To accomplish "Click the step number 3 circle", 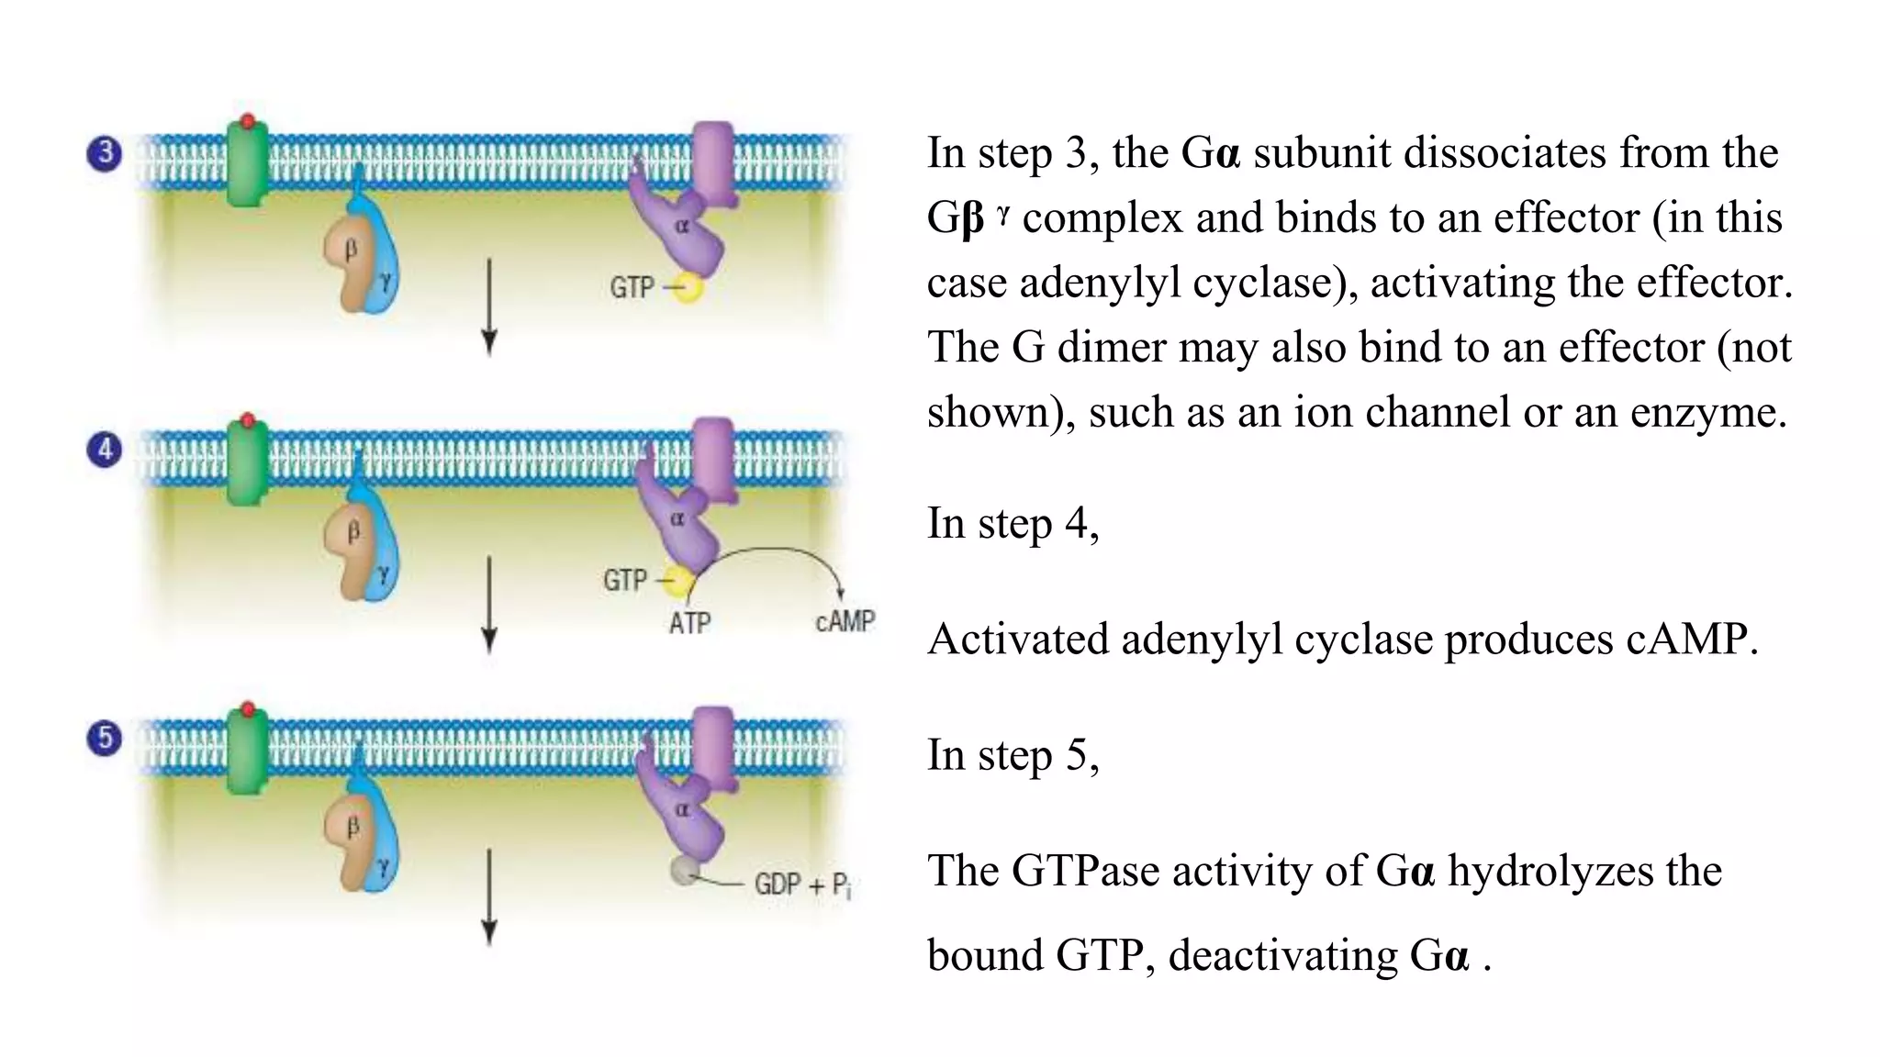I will click(x=105, y=152).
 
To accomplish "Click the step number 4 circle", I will click(x=105, y=450).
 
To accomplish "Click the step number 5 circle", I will click(x=105, y=738).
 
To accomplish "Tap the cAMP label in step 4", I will click(x=845, y=621).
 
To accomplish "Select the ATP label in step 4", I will click(x=689, y=623).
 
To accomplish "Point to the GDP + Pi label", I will click(x=802, y=885).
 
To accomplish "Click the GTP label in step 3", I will click(x=632, y=288).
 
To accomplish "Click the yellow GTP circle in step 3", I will click(x=688, y=287).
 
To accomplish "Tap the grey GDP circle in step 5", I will click(x=685, y=870).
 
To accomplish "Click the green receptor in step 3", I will click(x=247, y=165).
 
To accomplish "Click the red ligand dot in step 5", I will click(x=247, y=709).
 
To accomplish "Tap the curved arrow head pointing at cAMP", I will click(x=840, y=593).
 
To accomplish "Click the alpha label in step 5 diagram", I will click(x=682, y=810).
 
